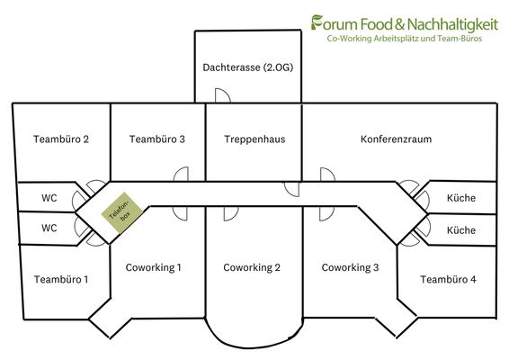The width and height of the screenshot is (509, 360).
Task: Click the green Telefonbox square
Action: [x=121, y=212]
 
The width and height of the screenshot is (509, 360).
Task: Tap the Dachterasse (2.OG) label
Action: [x=248, y=67]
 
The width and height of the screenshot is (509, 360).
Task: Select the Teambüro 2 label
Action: [x=61, y=139]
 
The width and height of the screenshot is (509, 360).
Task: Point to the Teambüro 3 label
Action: [x=157, y=139]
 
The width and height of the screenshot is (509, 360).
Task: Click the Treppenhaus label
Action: [x=254, y=139]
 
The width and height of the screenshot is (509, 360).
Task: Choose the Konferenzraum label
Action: [x=396, y=139]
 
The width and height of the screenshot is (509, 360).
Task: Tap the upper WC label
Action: [x=49, y=198]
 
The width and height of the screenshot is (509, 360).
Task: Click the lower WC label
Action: [x=49, y=228]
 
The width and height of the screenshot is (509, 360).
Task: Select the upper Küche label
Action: [x=461, y=197]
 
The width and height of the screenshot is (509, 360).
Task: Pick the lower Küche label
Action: [x=461, y=230]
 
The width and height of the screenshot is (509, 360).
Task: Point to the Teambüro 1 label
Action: [x=61, y=279]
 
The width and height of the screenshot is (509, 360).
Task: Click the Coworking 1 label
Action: [x=153, y=267]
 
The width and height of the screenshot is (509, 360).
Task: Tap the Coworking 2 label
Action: [x=252, y=267]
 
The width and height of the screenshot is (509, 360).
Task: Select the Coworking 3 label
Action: [x=350, y=267]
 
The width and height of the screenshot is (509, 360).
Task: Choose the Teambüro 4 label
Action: [x=448, y=279]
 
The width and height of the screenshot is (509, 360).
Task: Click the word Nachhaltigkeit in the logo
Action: [x=452, y=24]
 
